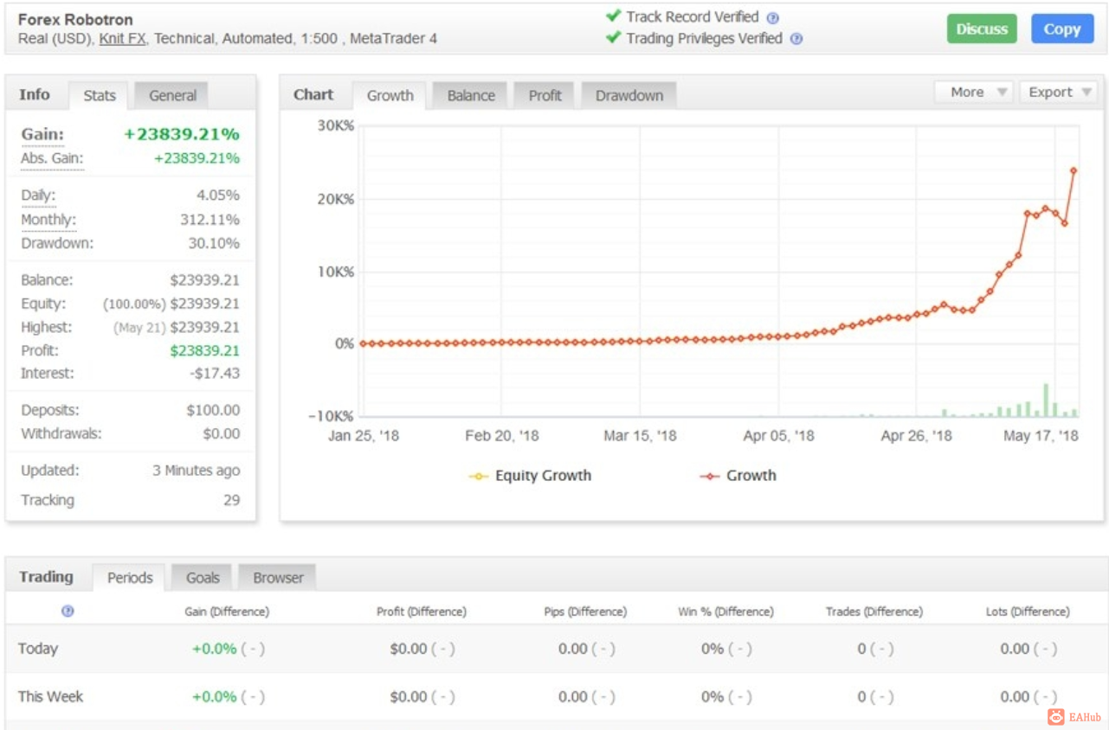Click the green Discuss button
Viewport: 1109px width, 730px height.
point(981,29)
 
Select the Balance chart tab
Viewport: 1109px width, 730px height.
point(470,95)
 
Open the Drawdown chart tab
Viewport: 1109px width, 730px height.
point(629,95)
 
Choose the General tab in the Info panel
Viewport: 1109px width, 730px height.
point(172,95)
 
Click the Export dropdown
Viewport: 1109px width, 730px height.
point(1059,92)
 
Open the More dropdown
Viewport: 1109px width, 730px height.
point(973,92)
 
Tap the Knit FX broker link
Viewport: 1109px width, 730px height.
point(122,39)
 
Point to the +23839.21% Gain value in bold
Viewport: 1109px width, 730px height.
point(181,134)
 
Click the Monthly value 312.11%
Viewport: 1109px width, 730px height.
point(210,219)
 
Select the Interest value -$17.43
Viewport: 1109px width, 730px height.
point(215,373)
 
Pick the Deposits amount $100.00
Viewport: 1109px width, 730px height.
point(213,410)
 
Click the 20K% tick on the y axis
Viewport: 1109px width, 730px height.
point(336,199)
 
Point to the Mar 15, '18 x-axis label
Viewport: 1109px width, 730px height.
point(640,436)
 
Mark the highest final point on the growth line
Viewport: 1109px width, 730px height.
point(1074,170)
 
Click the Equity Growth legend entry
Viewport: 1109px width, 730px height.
point(530,476)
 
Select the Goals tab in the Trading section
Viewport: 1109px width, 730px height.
point(202,577)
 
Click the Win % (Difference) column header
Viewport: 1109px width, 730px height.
point(725,612)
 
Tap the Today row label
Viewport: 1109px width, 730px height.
point(37,649)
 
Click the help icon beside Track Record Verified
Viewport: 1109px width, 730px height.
point(773,18)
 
